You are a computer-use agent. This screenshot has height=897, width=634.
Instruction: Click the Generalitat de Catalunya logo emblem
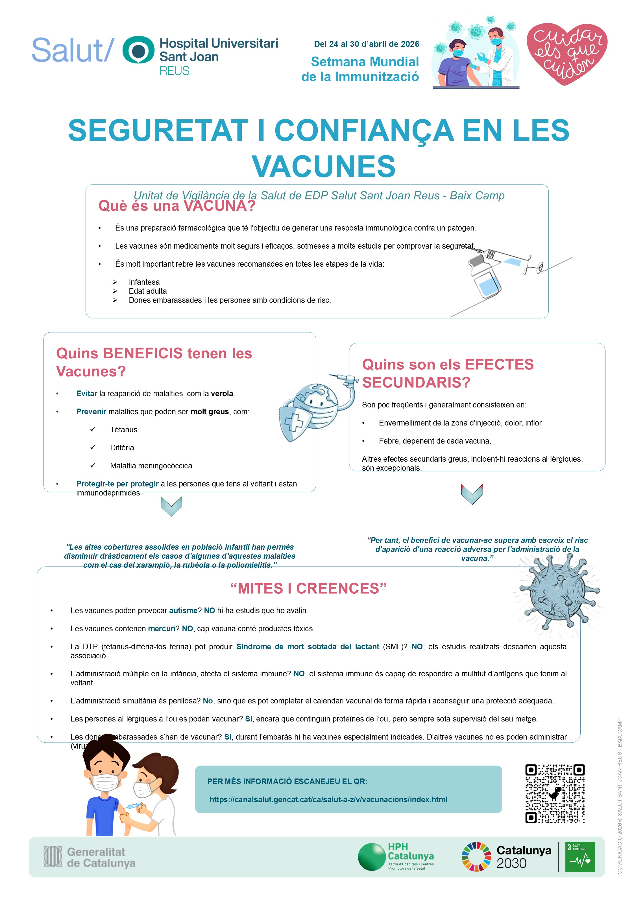(53, 856)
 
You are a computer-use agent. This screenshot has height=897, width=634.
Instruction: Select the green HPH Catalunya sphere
(372, 857)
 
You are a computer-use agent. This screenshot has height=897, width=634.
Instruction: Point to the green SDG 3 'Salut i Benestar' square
(580, 857)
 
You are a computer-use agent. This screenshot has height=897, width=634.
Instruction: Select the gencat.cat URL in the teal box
(328, 799)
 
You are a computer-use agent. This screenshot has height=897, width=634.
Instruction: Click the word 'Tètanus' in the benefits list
(124, 430)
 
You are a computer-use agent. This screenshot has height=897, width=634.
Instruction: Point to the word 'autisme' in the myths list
(183, 610)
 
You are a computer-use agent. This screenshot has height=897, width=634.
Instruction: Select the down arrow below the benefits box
(171, 506)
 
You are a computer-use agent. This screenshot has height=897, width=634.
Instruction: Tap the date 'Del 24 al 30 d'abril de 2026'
(367, 44)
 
